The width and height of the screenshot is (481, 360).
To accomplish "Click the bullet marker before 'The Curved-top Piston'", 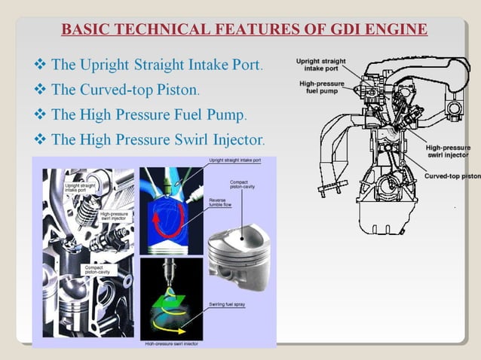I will (x=41, y=90).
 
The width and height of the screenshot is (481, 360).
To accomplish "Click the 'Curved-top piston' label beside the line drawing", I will (x=452, y=175).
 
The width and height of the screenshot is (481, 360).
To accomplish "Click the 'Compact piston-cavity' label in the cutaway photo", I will (x=97, y=269).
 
